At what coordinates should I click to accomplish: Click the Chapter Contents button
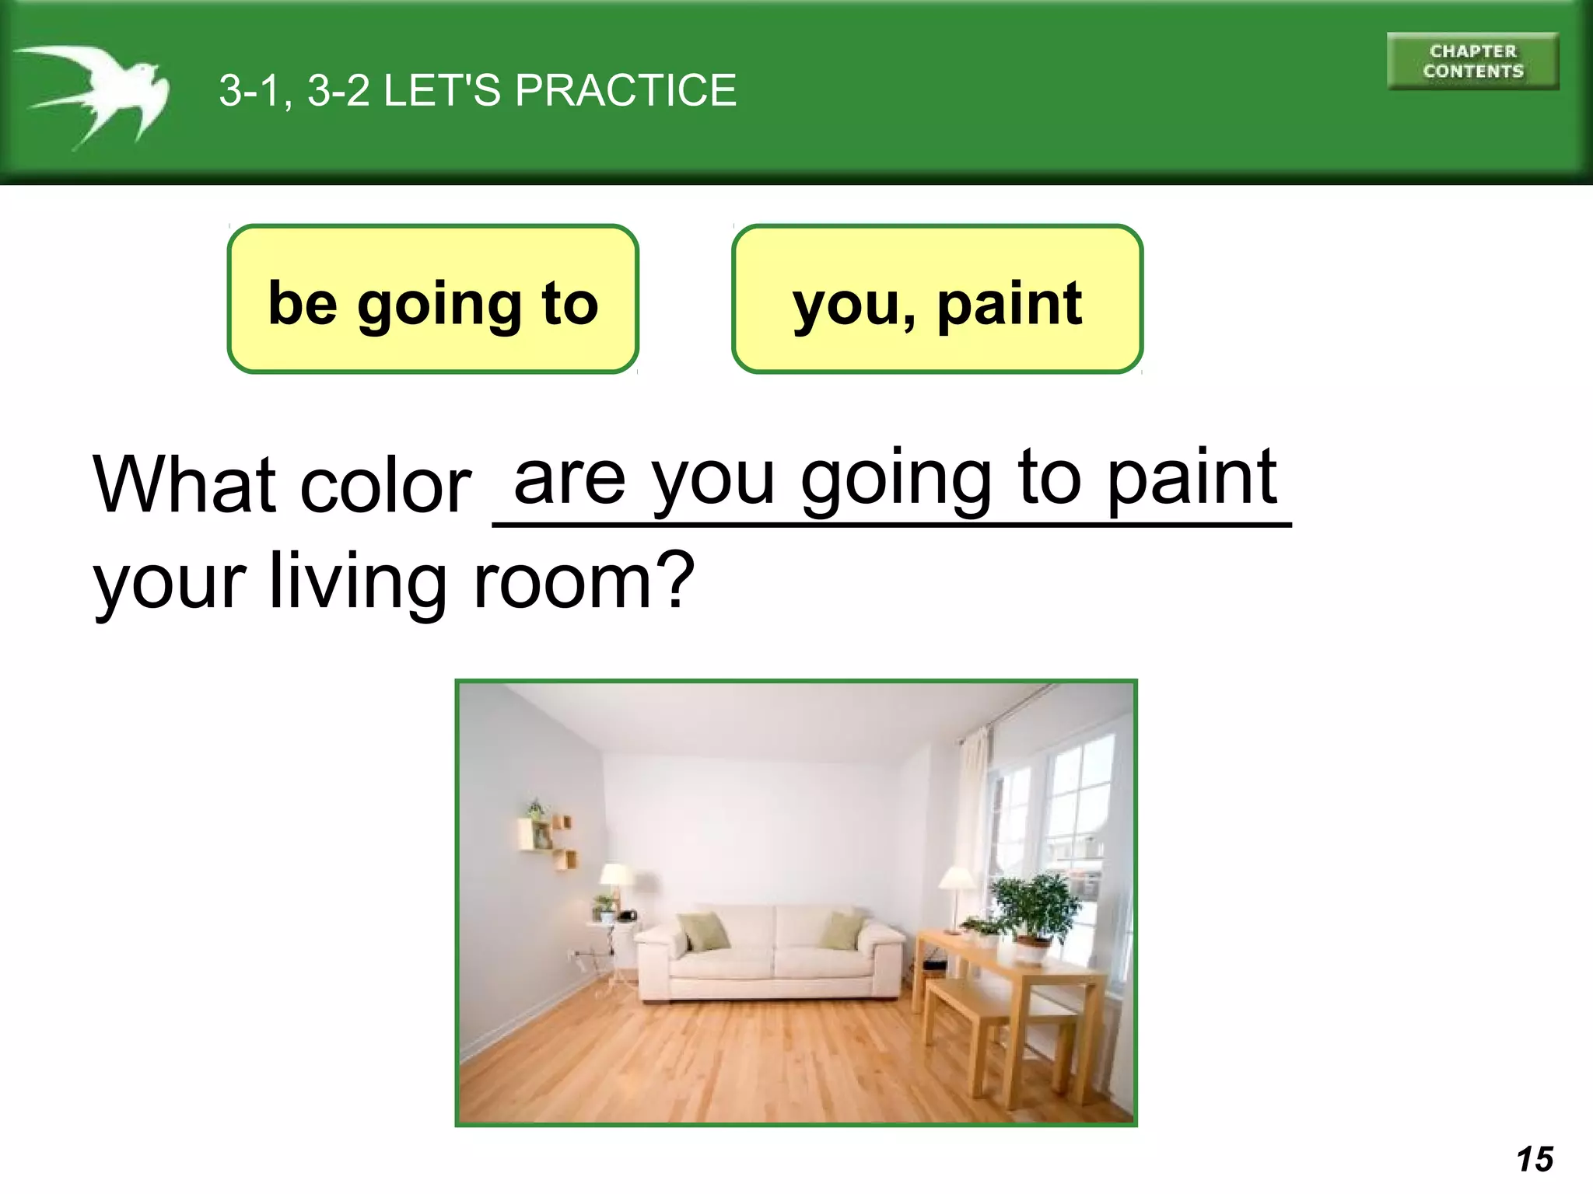(1472, 61)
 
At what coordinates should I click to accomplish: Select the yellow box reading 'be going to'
(432, 299)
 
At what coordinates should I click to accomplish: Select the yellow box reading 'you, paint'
(937, 299)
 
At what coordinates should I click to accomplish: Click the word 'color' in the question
(386, 487)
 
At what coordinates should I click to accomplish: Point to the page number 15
(1535, 1159)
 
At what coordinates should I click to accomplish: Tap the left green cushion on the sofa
(704, 930)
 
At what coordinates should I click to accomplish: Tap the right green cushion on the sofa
(842, 930)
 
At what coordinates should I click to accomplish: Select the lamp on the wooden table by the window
(958, 894)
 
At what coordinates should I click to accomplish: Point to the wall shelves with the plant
(547, 836)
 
